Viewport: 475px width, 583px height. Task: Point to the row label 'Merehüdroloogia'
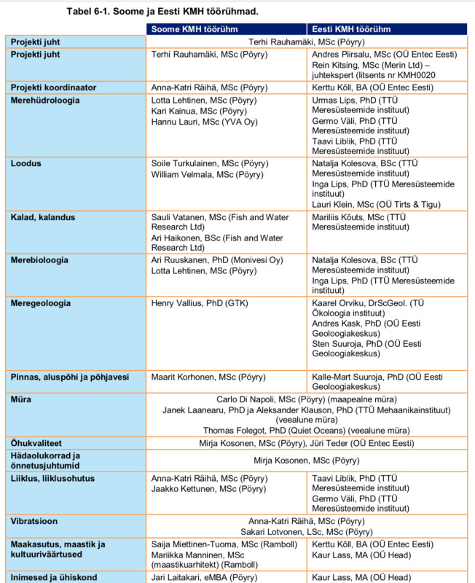click(x=45, y=100)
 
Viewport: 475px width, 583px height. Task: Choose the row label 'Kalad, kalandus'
click(x=43, y=217)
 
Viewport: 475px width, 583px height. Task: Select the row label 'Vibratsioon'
click(x=34, y=522)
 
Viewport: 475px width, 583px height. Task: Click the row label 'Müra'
click(x=21, y=399)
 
